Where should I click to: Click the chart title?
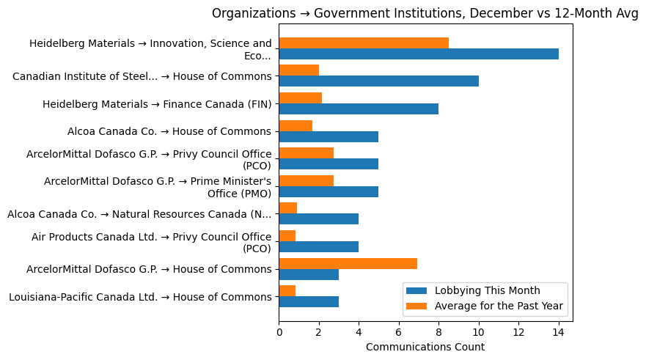pos(425,12)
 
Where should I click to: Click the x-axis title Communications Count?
pos(425,346)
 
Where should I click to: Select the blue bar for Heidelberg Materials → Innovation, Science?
pos(419,54)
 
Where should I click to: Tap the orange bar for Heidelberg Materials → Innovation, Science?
pos(364,43)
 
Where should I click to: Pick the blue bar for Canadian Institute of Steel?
pos(378,81)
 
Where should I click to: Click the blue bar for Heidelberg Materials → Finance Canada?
pos(359,109)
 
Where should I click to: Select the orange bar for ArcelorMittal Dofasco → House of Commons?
pos(348,263)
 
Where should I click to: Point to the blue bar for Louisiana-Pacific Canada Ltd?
pos(309,301)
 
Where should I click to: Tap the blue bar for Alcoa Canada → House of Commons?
pos(328,136)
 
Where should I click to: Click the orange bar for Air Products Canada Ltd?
pos(287,236)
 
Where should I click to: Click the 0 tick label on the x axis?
pos(279,332)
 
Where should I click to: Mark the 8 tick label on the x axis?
pos(438,332)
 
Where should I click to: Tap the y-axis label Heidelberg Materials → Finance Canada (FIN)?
pos(157,104)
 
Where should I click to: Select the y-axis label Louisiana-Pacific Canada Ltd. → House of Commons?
pos(140,297)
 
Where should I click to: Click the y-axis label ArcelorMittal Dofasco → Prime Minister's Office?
pos(158,187)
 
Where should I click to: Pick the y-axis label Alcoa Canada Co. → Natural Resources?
pos(139,214)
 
